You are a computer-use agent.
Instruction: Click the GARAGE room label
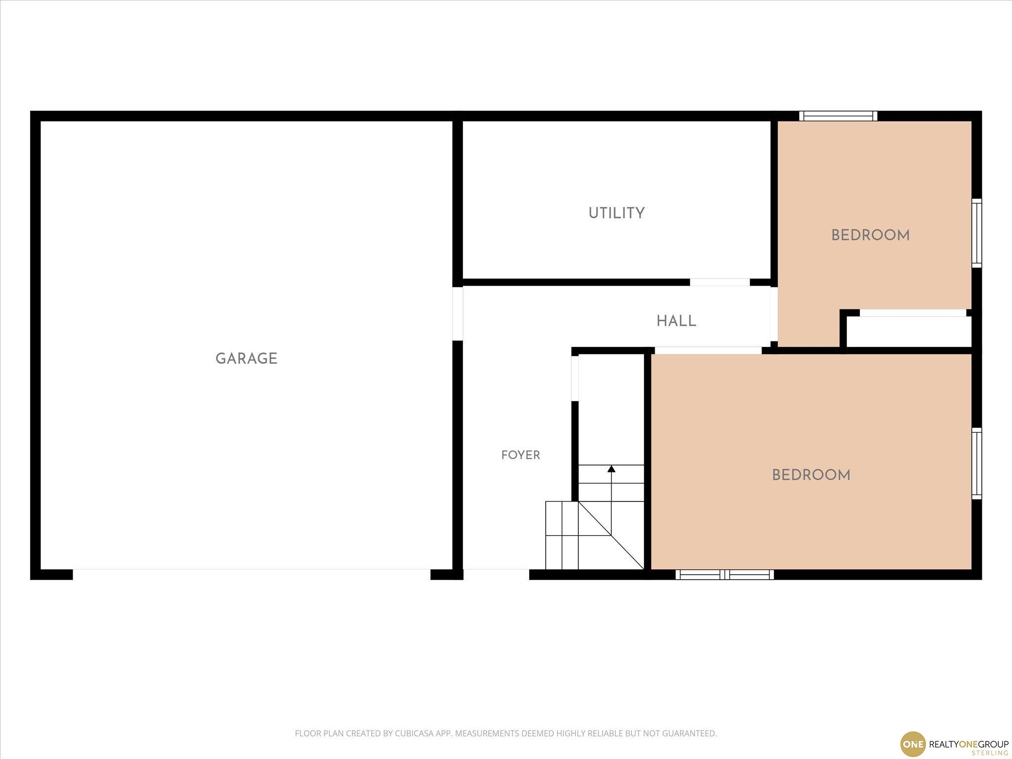pyautogui.click(x=246, y=359)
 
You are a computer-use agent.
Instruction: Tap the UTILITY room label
pyautogui.click(x=616, y=213)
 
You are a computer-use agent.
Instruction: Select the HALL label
pyautogui.click(x=676, y=321)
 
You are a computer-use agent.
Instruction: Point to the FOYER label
pyautogui.click(x=520, y=455)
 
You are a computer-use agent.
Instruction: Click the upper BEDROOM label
pyautogui.click(x=870, y=236)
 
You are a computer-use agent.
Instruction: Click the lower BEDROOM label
pyautogui.click(x=811, y=475)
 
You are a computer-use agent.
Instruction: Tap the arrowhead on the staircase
pyautogui.click(x=611, y=468)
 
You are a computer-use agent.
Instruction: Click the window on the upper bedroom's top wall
pyautogui.click(x=838, y=116)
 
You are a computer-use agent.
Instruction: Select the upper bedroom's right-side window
pyautogui.click(x=976, y=233)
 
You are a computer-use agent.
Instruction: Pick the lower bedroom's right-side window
pyautogui.click(x=976, y=464)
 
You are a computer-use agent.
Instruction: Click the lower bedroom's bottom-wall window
pyautogui.click(x=724, y=574)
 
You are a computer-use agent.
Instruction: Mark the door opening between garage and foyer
pyautogui.click(x=458, y=314)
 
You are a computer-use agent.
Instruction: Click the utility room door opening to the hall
pyautogui.click(x=719, y=282)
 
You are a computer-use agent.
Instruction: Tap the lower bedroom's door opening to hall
pyautogui.click(x=708, y=350)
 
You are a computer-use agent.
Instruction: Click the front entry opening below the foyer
pyautogui.click(x=496, y=574)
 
